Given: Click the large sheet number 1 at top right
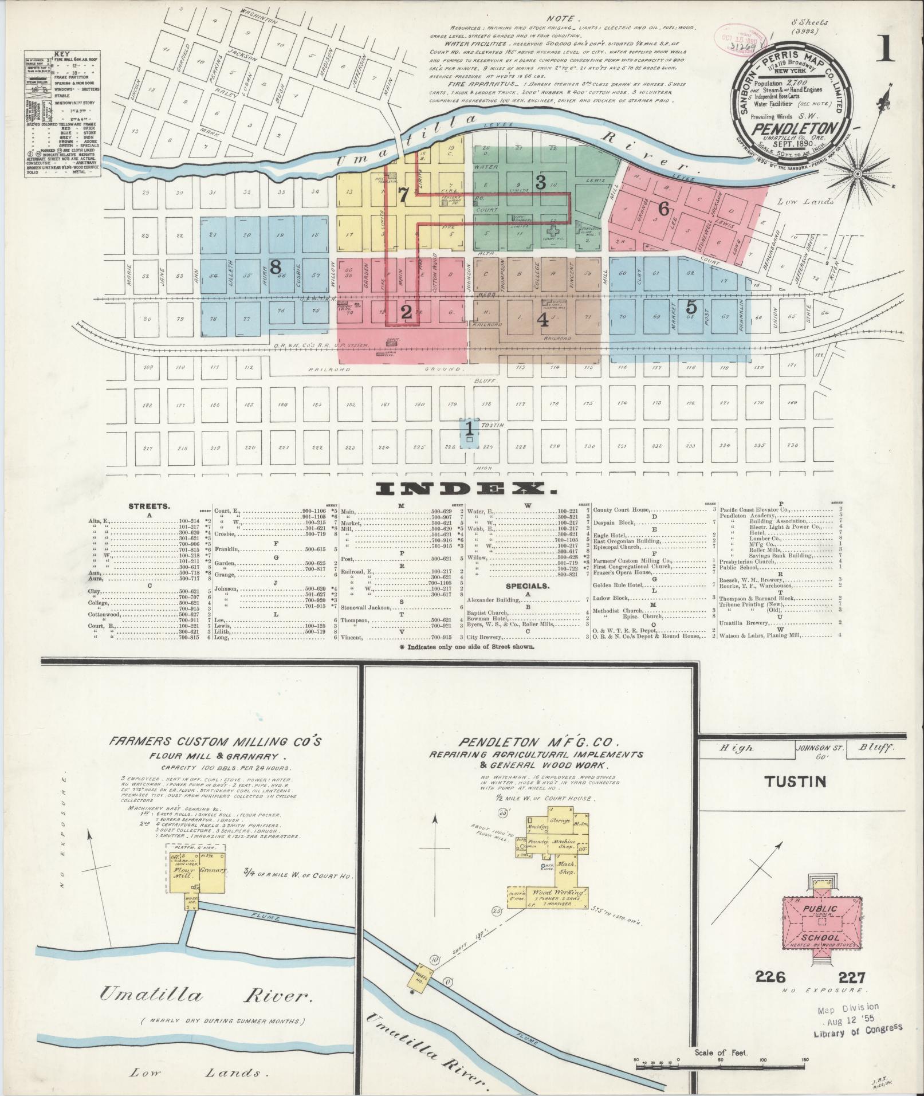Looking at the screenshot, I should coord(884,49).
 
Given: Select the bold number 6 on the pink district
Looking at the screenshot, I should coord(663,209).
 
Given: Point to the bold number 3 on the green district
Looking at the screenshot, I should coord(540,182).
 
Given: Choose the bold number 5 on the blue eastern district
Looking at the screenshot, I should coord(691,307).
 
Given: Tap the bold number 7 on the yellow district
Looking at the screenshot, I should coord(403,195).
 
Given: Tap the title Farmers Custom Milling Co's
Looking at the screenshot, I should coord(215,742).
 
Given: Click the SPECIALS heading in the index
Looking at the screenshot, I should coord(528,586).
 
